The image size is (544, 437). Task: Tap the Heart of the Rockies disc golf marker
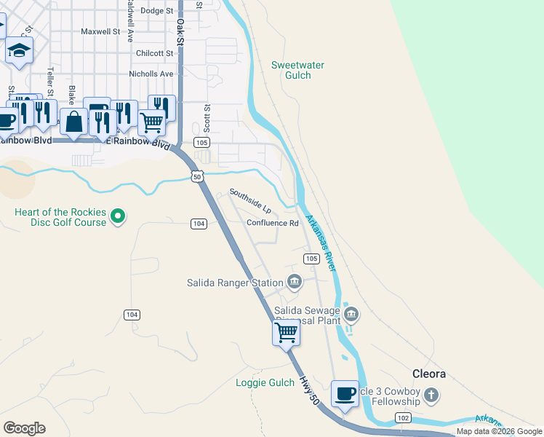click(x=119, y=216)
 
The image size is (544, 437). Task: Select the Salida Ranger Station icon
click(x=295, y=281)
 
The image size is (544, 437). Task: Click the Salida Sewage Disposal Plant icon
click(x=351, y=314)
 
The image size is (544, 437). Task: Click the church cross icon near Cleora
click(x=432, y=395)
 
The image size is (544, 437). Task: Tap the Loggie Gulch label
click(x=265, y=383)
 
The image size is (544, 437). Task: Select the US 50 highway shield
click(x=196, y=176)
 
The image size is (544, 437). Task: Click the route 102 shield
click(x=403, y=417)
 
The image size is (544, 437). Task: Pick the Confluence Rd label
click(x=273, y=224)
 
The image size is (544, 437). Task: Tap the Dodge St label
click(x=157, y=11)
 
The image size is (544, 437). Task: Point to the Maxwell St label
click(x=100, y=32)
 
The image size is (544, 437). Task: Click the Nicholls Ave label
click(x=151, y=74)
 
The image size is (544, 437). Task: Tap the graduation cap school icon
click(x=20, y=51)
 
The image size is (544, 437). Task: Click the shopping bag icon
click(x=74, y=121)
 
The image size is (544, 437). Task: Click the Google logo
click(x=24, y=428)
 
